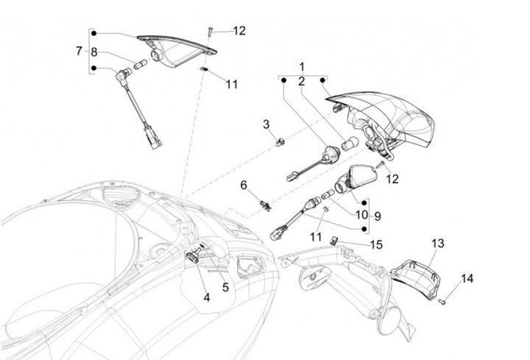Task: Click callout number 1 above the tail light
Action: [301, 67]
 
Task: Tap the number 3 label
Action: [266, 125]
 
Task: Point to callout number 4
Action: [206, 297]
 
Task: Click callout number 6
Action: [244, 185]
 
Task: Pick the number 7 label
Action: [79, 51]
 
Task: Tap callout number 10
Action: [361, 215]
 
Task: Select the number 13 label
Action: [438, 243]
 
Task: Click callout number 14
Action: [467, 278]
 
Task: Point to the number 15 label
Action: [376, 244]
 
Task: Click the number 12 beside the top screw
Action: [239, 31]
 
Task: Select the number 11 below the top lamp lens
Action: [232, 85]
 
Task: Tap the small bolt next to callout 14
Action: [442, 301]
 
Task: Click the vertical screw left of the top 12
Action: [210, 30]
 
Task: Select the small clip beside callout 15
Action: [334, 239]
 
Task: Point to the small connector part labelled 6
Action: [262, 202]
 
